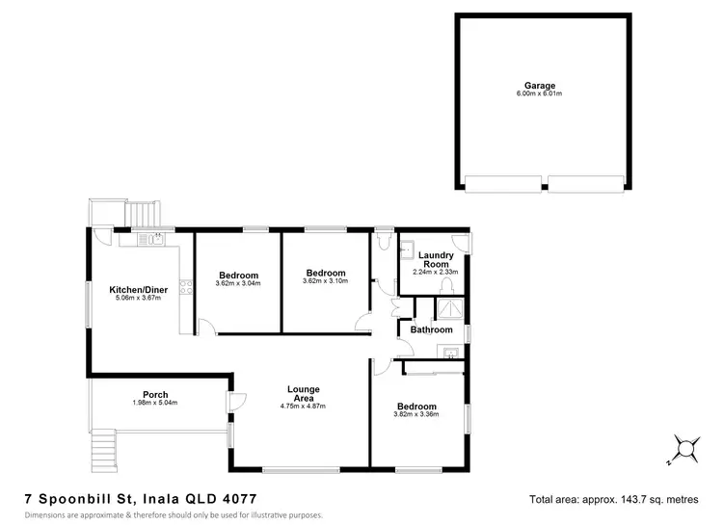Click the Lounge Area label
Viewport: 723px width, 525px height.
(304, 394)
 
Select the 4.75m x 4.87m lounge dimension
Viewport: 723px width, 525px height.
(304, 407)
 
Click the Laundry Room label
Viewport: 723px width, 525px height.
(437, 259)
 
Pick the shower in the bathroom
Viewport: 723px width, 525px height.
(448, 308)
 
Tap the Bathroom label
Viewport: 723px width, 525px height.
(431, 329)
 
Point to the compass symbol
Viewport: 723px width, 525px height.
(683, 448)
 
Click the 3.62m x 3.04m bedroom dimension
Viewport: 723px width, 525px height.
(238, 284)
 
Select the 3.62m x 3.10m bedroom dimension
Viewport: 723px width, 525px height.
(325, 281)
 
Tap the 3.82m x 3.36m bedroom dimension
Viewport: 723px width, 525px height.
(416, 415)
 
